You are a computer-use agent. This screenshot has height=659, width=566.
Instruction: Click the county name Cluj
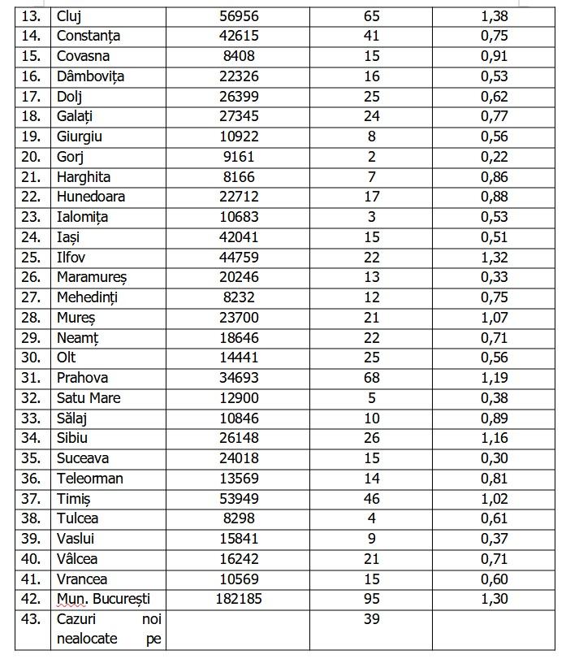pyautogui.click(x=69, y=16)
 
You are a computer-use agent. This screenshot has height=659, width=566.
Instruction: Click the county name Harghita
pyautogui.click(x=84, y=177)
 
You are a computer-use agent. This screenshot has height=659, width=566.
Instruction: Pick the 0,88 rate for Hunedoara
pyautogui.click(x=494, y=197)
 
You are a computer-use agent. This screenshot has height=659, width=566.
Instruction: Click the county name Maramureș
pyautogui.click(x=92, y=277)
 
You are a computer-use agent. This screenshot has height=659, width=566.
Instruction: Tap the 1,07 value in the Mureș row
pyautogui.click(x=494, y=318)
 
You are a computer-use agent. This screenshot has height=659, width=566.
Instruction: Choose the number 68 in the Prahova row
pyautogui.click(x=372, y=378)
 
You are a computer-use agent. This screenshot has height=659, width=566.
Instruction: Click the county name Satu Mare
pyautogui.click(x=89, y=398)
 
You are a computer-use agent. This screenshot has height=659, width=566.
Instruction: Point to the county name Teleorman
pyautogui.click(x=90, y=479)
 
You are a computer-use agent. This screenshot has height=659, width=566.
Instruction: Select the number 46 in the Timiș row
pyautogui.click(x=372, y=499)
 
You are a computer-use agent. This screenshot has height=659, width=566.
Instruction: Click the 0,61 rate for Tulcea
pyautogui.click(x=494, y=518)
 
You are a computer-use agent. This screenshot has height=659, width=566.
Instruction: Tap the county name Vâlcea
pyautogui.click(x=77, y=559)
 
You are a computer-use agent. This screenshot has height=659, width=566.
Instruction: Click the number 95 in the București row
pyautogui.click(x=372, y=599)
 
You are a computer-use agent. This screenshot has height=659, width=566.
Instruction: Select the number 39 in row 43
pyautogui.click(x=372, y=619)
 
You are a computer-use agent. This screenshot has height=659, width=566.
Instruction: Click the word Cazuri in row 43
pyautogui.click(x=77, y=619)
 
